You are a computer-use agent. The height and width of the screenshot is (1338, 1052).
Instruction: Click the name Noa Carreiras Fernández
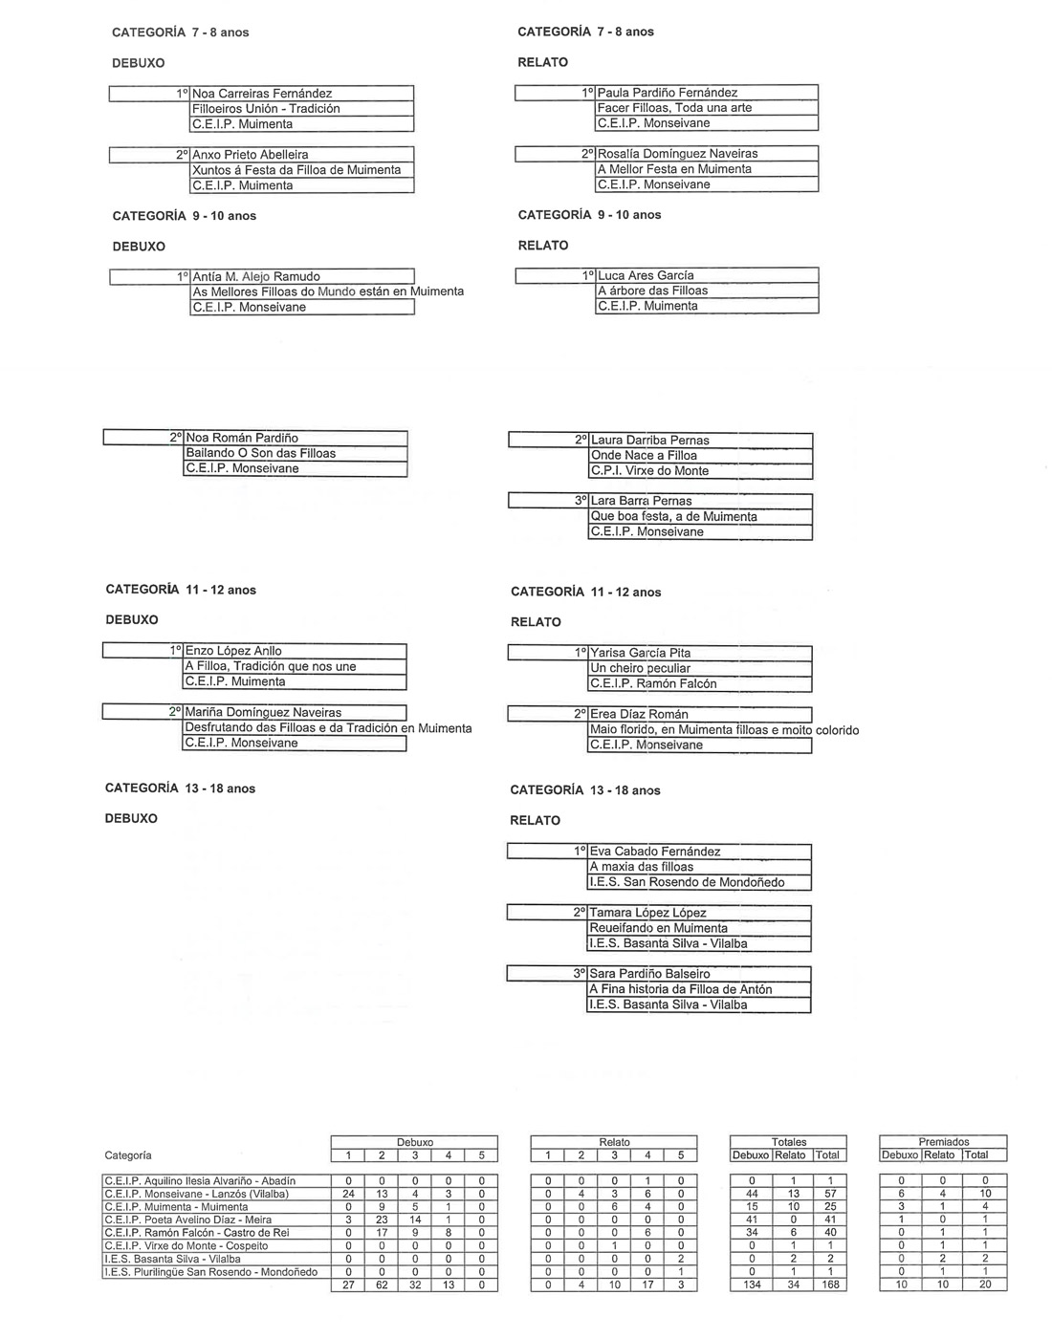(263, 94)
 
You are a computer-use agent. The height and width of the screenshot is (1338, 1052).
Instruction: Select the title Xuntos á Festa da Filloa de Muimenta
(296, 170)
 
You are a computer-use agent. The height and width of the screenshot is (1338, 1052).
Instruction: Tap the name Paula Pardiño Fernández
(668, 93)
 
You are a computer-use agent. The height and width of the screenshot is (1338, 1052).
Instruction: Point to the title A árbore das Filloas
(653, 291)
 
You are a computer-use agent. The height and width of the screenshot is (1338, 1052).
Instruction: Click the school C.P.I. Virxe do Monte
(650, 471)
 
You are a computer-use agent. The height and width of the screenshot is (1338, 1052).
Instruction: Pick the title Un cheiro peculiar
(641, 668)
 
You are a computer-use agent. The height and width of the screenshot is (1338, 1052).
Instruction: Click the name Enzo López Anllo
(233, 651)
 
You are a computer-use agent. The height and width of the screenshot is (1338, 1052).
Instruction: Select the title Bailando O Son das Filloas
(261, 453)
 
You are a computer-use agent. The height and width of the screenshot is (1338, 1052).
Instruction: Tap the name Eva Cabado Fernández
(655, 852)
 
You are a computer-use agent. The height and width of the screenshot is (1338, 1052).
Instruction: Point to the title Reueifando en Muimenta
(659, 928)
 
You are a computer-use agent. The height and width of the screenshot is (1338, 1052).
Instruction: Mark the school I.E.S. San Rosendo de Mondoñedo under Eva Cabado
(687, 882)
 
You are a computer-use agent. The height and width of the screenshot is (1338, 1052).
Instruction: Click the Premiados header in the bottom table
(943, 1141)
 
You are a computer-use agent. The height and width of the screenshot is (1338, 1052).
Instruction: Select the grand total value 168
(830, 1284)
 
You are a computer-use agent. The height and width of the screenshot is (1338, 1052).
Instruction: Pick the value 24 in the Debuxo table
(348, 1194)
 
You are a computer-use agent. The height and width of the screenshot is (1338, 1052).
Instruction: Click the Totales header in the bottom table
(789, 1141)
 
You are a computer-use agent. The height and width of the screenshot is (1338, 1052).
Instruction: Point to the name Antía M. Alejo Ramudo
(256, 277)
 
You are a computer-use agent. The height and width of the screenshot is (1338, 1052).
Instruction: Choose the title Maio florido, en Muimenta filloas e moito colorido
(724, 730)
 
